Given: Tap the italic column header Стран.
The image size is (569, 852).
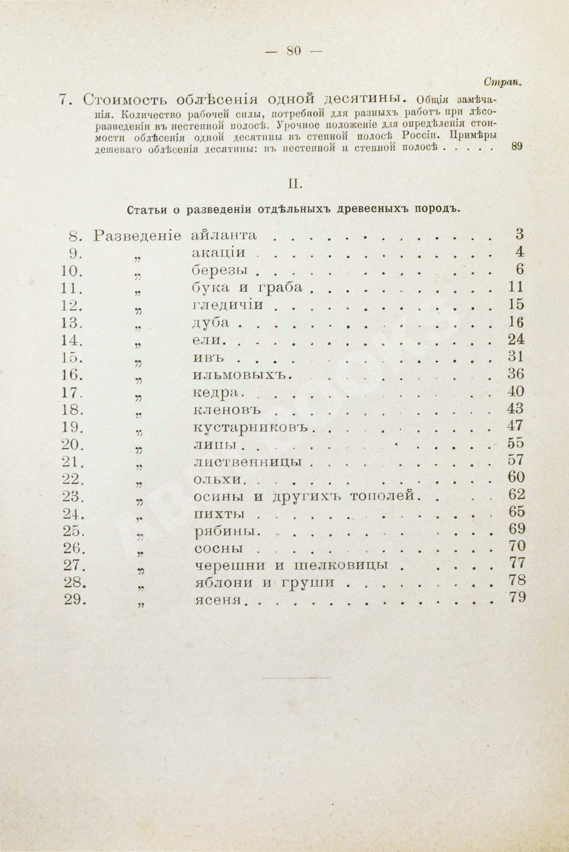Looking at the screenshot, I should (x=503, y=83).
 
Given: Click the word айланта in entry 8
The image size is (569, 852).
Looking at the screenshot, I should (x=224, y=235).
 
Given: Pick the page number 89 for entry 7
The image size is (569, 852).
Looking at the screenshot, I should (x=516, y=146).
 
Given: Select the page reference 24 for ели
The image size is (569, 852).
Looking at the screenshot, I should (x=516, y=340).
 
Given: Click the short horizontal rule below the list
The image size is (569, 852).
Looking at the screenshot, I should (x=296, y=678).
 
